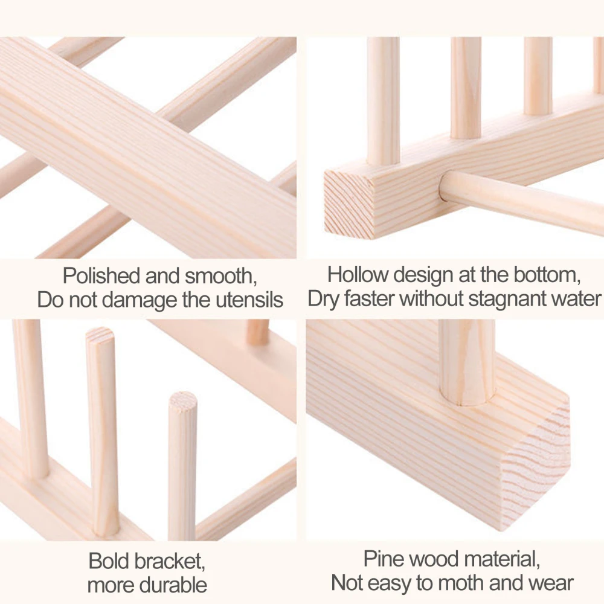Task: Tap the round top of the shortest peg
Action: (182, 400)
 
